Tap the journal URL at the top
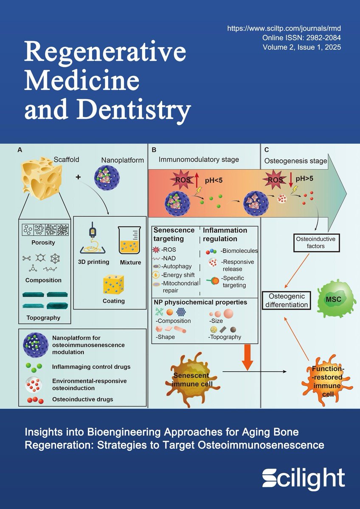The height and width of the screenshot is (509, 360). (x=284, y=28)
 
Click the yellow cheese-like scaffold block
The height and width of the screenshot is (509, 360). (x=40, y=180)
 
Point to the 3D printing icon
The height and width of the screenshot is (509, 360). (x=93, y=239)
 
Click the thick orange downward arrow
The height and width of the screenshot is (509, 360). (x=249, y=355)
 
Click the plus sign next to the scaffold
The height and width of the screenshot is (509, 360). (x=78, y=176)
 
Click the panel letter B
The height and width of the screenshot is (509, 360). (x=154, y=150)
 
